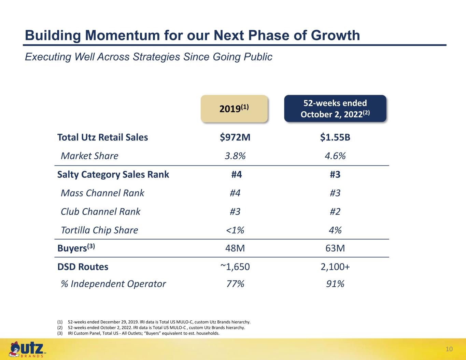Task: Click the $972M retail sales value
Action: [235, 137]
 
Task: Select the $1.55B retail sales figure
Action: [335, 137]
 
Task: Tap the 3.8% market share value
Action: [235, 156]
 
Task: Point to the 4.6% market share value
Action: [335, 156]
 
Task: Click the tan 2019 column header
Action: [234, 109]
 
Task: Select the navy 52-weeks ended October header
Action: [335, 109]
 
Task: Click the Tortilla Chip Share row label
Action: [99, 230]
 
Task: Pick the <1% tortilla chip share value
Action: [235, 230]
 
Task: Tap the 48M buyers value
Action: [235, 248]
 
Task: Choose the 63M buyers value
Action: [335, 248]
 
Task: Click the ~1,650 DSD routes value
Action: [235, 267]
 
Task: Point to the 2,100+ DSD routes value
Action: [335, 267]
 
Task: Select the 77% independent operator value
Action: [235, 284]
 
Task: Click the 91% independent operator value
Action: [335, 284]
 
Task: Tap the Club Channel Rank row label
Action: [101, 212]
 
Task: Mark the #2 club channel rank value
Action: [335, 212]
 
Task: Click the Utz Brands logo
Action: [27, 349]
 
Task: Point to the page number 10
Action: [449, 349]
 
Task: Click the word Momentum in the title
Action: [123, 35]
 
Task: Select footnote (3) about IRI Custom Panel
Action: [138, 333]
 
